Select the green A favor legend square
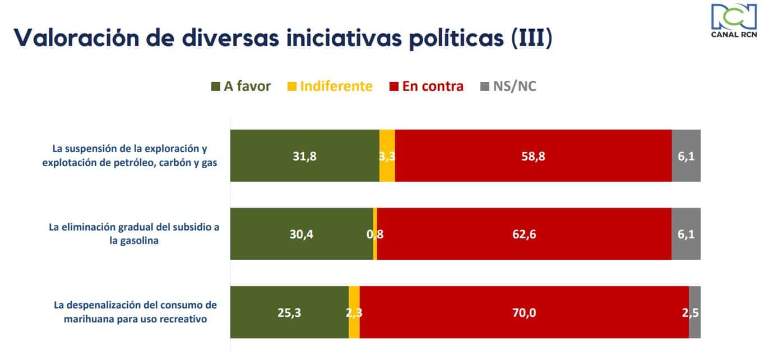pos(216,86)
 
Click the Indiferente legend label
pos(336,86)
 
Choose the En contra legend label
pos(433,86)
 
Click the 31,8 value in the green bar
pos(305,156)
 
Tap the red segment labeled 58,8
pos(533,156)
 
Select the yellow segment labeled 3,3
pos(387,156)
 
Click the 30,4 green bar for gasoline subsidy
pos(302,234)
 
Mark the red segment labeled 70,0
pos(525,312)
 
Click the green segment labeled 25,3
pos(290,312)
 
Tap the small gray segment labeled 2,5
pos(695,312)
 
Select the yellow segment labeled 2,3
pos(354,312)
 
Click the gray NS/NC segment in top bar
pos(686,156)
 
